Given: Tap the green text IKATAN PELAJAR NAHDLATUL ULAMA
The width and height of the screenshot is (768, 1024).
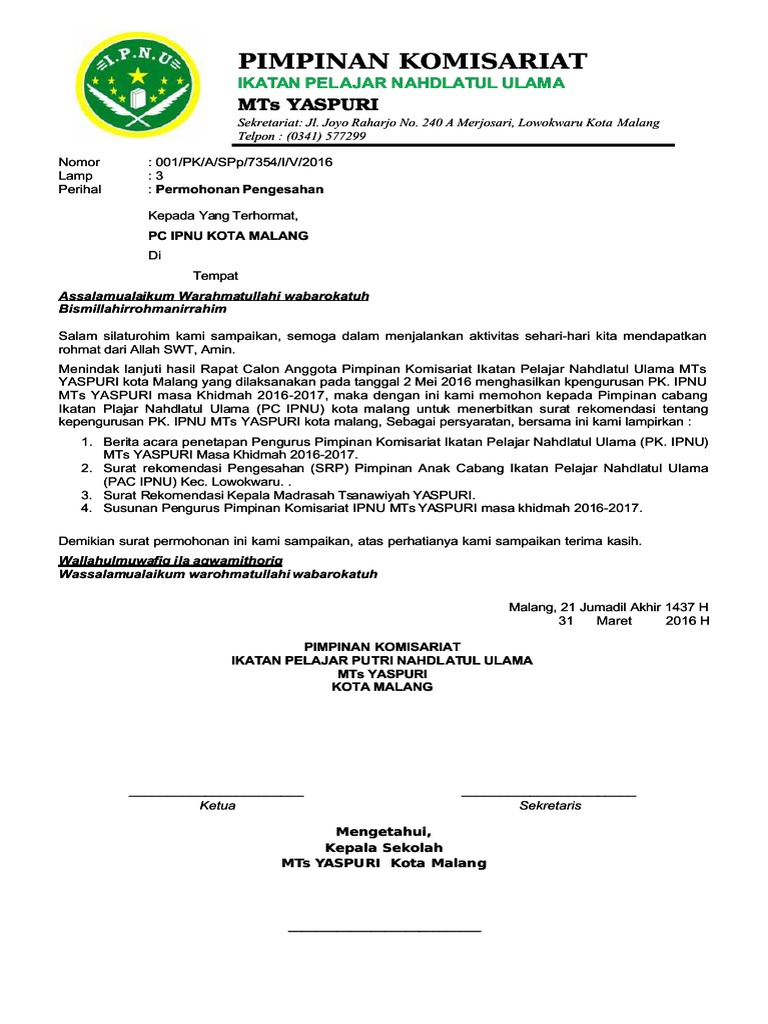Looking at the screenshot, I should click(401, 82).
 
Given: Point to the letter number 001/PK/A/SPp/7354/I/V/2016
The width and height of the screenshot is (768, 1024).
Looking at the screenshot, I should click(243, 162).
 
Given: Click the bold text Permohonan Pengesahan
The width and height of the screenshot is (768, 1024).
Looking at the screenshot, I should click(238, 189).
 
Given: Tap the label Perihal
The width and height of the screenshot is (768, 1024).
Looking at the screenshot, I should click(80, 189).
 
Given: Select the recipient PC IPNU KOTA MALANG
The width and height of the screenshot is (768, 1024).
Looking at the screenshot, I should click(228, 236).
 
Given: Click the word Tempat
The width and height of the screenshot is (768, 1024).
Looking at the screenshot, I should click(215, 275).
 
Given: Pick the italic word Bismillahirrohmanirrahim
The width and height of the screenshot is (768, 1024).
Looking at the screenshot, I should click(143, 309).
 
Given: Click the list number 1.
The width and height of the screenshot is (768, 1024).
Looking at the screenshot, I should click(87, 441).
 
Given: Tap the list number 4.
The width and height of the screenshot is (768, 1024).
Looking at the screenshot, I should click(87, 508).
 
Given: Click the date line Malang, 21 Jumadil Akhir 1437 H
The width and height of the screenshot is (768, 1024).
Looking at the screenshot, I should click(609, 607).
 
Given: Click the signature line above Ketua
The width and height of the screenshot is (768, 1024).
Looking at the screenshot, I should click(216, 795).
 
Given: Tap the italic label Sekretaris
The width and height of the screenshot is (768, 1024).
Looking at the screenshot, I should click(550, 806).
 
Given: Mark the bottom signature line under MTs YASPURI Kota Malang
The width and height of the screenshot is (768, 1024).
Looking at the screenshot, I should click(384, 931).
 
